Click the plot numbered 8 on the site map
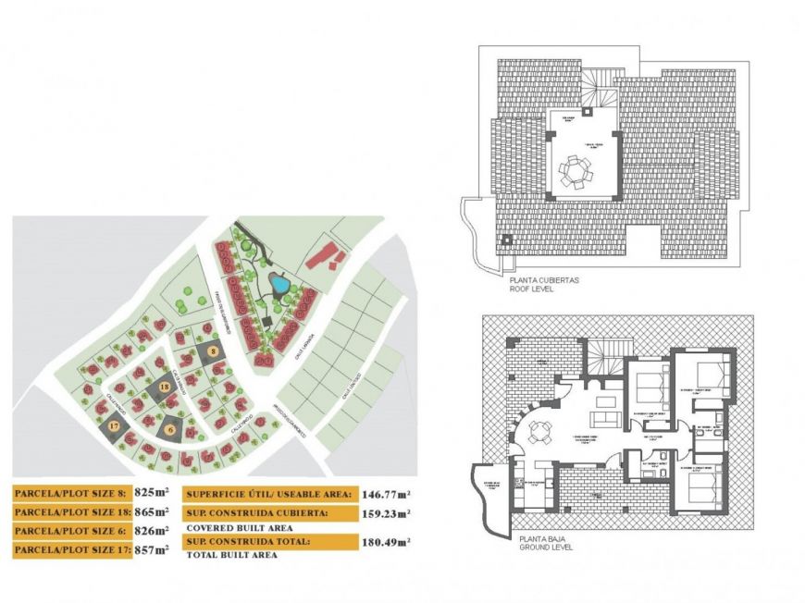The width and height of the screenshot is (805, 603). pos(213,352)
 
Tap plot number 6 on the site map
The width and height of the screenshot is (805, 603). pos(171,427)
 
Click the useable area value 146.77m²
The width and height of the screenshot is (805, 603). pos(387,495)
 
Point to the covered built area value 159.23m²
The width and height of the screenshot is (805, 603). pos(387,513)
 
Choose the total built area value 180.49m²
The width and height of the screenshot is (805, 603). pos(387,541)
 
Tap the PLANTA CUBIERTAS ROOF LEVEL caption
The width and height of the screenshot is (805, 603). pos(545,284)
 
